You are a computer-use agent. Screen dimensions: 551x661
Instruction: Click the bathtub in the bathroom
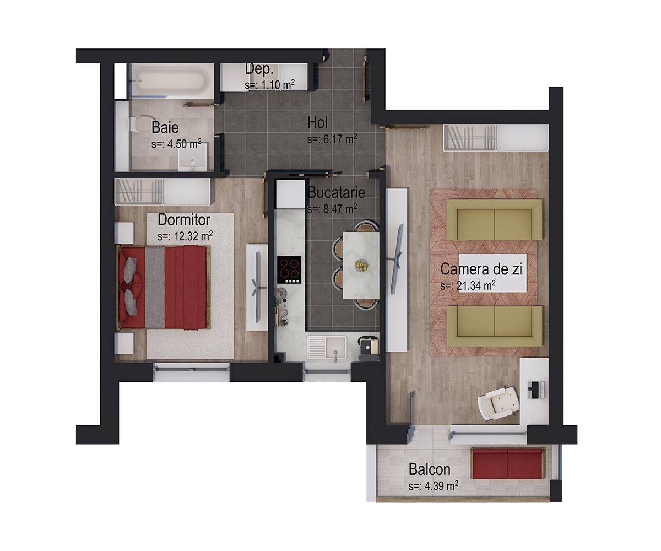point(171,81)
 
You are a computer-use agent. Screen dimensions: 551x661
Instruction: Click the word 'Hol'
point(318,122)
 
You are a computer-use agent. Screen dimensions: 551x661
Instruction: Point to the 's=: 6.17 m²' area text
point(332,139)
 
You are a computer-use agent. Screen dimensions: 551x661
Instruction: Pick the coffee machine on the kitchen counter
point(367,347)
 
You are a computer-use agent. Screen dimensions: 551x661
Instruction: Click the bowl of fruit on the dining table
point(361,265)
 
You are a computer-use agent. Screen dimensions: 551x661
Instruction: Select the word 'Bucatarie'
point(336,193)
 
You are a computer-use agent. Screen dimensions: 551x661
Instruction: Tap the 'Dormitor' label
point(184,220)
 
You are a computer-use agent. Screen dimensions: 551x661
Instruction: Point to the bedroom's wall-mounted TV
point(257,287)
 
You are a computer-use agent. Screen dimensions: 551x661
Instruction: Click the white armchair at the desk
point(499,402)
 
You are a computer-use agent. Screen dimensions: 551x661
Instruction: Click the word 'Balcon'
point(430,469)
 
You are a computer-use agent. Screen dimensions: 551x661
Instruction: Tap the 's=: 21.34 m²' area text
point(468,286)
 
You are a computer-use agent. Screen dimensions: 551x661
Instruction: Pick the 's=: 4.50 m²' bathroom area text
point(176,144)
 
